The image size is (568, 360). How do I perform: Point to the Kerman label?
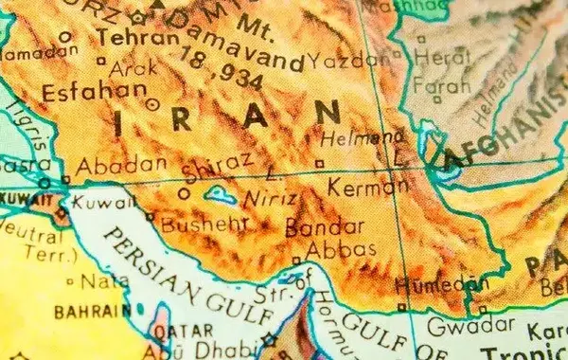(x=367, y=186)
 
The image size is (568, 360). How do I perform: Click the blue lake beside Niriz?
(x=222, y=197)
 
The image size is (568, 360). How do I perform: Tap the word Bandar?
(x=324, y=227)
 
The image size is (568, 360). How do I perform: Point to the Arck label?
(x=133, y=69)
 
